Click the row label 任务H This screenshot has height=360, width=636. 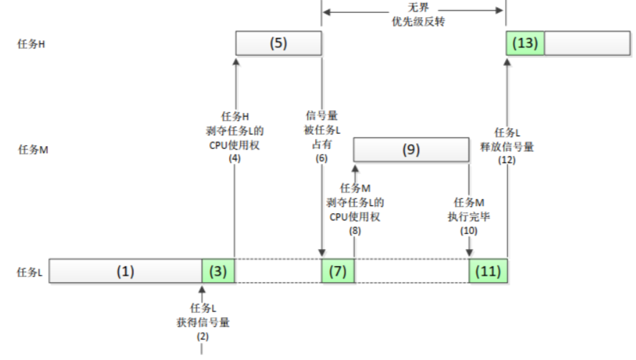click(x=32, y=44)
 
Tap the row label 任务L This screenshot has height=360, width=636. click(x=31, y=272)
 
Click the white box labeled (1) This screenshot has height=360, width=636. click(x=126, y=272)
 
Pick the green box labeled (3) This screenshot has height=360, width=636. click(x=218, y=272)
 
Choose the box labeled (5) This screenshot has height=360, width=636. click(x=278, y=44)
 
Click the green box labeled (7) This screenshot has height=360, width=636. click(x=337, y=272)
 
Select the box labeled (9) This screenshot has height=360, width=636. click(x=411, y=150)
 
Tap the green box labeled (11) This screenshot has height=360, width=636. click(x=488, y=272)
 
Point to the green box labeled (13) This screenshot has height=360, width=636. click(x=525, y=44)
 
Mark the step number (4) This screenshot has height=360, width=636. click(x=234, y=158)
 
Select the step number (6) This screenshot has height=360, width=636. click(x=321, y=158)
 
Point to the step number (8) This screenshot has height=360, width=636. click(x=355, y=232)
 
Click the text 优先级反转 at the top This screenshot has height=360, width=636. click(x=414, y=21)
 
